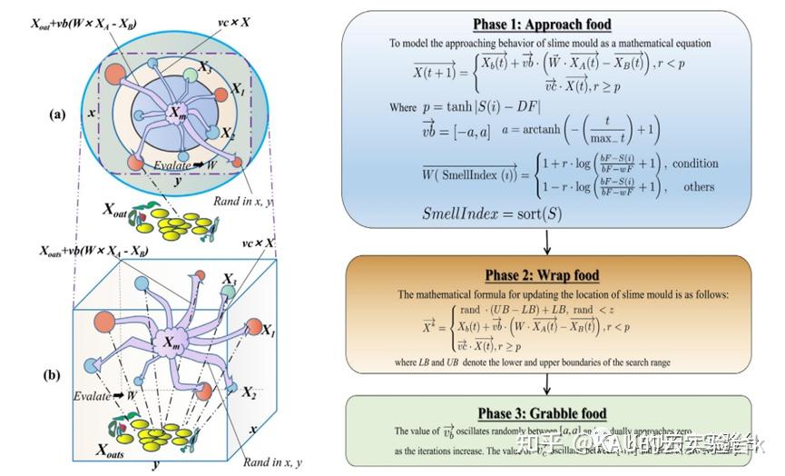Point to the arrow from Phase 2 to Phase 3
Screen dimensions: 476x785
549,383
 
